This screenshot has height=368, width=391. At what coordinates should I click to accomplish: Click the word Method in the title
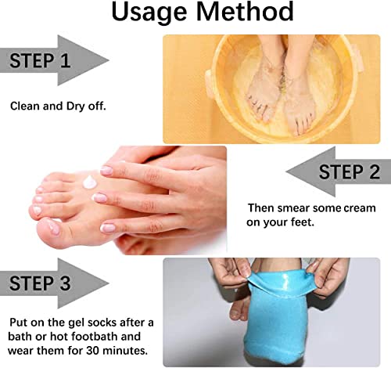pos(245,11)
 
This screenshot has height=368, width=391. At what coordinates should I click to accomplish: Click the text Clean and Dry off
pos(58,106)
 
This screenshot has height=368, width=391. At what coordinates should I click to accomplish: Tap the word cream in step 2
pos(360,208)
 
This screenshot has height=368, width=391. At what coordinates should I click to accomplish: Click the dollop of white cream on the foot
pos(90,182)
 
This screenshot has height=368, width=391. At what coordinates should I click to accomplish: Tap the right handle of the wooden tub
pos(358,58)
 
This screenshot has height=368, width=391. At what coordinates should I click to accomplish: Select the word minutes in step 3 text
pos(125,350)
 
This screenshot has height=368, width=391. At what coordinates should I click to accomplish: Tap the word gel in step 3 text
pos(74,323)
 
